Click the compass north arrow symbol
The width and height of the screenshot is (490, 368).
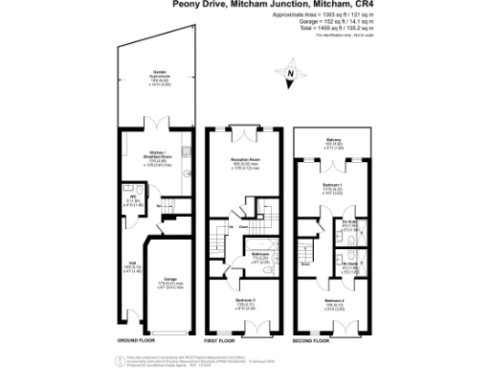click(x=292, y=71)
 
